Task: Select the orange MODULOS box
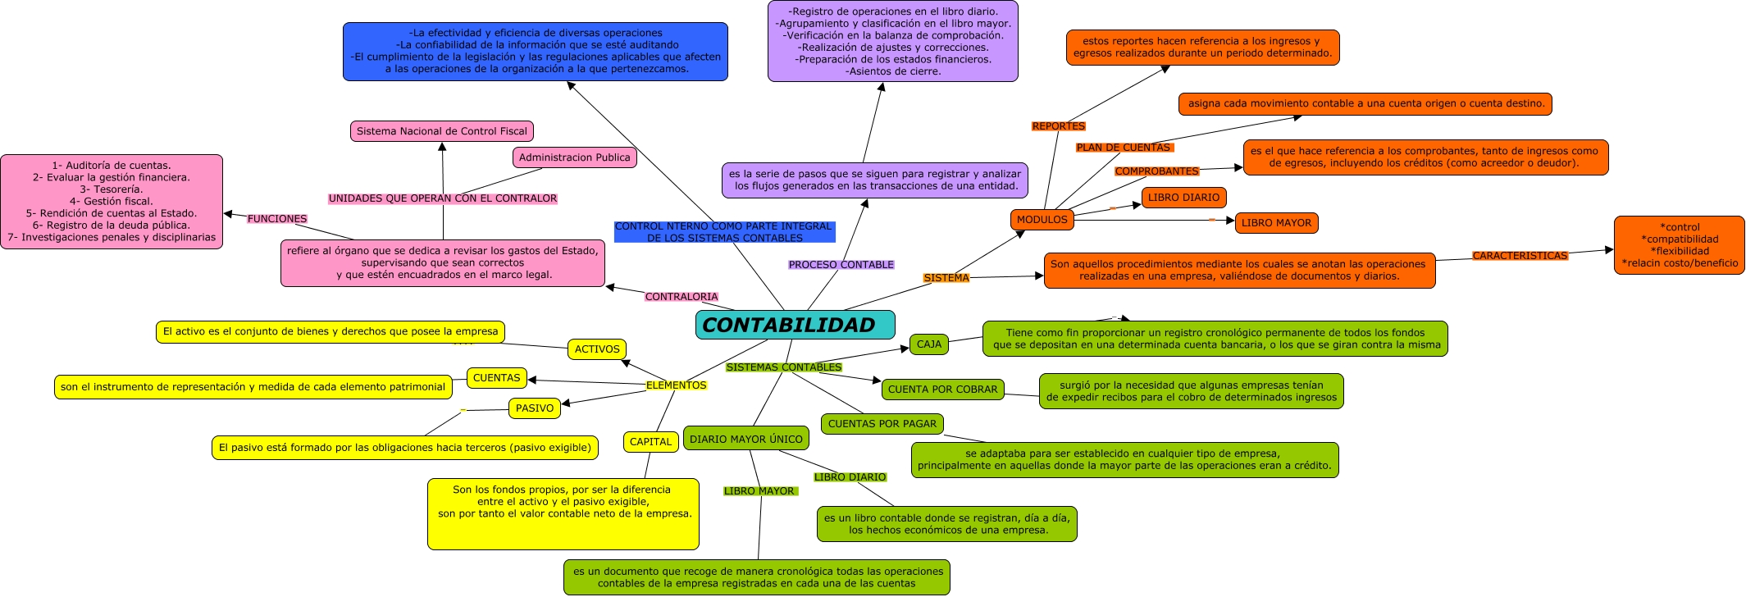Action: coord(1042,220)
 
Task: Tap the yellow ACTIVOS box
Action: coord(597,349)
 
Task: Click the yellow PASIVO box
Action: coord(535,408)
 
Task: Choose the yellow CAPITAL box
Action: coord(650,442)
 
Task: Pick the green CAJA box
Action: coord(928,344)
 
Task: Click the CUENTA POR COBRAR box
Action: coord(942,390)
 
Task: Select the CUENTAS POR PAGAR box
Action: coord(882,424)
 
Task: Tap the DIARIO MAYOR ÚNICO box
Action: coord(745,439)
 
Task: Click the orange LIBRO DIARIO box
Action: coord(1183,198)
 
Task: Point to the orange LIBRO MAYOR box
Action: coord(1276,223)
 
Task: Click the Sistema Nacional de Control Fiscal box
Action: coord(442,131)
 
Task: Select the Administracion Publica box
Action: coord(574,157)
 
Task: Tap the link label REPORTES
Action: coord(1058,126)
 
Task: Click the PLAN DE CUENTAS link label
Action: coord(1124,148)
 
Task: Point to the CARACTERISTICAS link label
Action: coord(1520,256)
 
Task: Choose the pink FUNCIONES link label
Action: coord(277,219)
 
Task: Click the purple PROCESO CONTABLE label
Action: coord(841,265)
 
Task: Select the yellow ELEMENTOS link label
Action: coord(676,385)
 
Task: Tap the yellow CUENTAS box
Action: coord(496,378)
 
